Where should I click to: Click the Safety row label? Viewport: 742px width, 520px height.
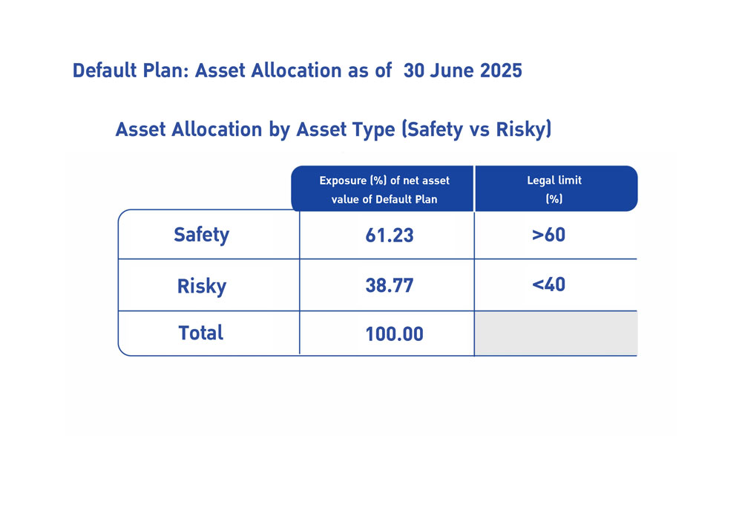coord(201,235)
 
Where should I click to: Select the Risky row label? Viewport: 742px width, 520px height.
coord(202,286)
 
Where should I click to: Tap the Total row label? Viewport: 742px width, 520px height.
coord(200,333)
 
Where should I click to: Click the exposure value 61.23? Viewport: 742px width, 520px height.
coord(390,235)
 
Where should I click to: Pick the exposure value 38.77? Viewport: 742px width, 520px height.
coord(390,285)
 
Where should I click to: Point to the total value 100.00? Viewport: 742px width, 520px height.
coord(394,334)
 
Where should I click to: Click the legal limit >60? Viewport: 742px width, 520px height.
coord(548,235)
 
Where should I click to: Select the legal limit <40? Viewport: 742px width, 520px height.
coord(548,285)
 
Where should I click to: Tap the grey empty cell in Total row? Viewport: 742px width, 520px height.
coord(556,333)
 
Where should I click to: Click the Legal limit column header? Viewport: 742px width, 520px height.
coord(554,180)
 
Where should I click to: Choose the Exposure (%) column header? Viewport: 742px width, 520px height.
coord(384,189)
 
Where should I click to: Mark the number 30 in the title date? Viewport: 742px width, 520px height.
coord(414,71)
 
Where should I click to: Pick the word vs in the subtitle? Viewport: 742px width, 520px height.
coord(479,130)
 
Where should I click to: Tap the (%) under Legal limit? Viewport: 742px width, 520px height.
coord(554,199)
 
